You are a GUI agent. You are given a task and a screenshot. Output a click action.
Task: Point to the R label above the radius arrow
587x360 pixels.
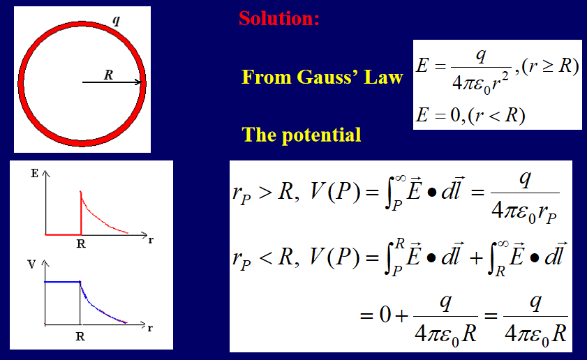tap(109, 75)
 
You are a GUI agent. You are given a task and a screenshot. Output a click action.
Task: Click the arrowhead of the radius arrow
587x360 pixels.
tap(138, 82)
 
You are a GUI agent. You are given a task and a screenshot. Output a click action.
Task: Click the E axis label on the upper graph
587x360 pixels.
tap(34, 173)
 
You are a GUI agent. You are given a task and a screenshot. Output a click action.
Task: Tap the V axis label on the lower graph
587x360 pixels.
tap(32, 264)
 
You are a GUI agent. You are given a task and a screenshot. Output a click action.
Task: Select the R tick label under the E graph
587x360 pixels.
tap(81, 244)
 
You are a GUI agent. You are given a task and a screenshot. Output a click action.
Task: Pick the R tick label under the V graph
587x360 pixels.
tap(80, 336)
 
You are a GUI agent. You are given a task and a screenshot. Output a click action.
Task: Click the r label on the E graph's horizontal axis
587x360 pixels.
tap(151, 240)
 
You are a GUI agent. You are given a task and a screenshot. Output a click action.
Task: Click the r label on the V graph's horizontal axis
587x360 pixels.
tap(150, 328)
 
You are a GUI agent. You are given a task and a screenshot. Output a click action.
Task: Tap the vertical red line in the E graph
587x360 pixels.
tap(81, 213)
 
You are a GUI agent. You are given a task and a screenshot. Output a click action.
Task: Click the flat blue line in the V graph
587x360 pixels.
tap(62, 282)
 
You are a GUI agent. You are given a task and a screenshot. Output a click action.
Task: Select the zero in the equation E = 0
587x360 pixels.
tap(455, 115)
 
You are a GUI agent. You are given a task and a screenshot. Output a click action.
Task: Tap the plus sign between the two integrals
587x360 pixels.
tap(476, 258)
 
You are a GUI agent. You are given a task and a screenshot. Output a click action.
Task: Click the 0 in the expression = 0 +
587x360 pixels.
tap(385, 315)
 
